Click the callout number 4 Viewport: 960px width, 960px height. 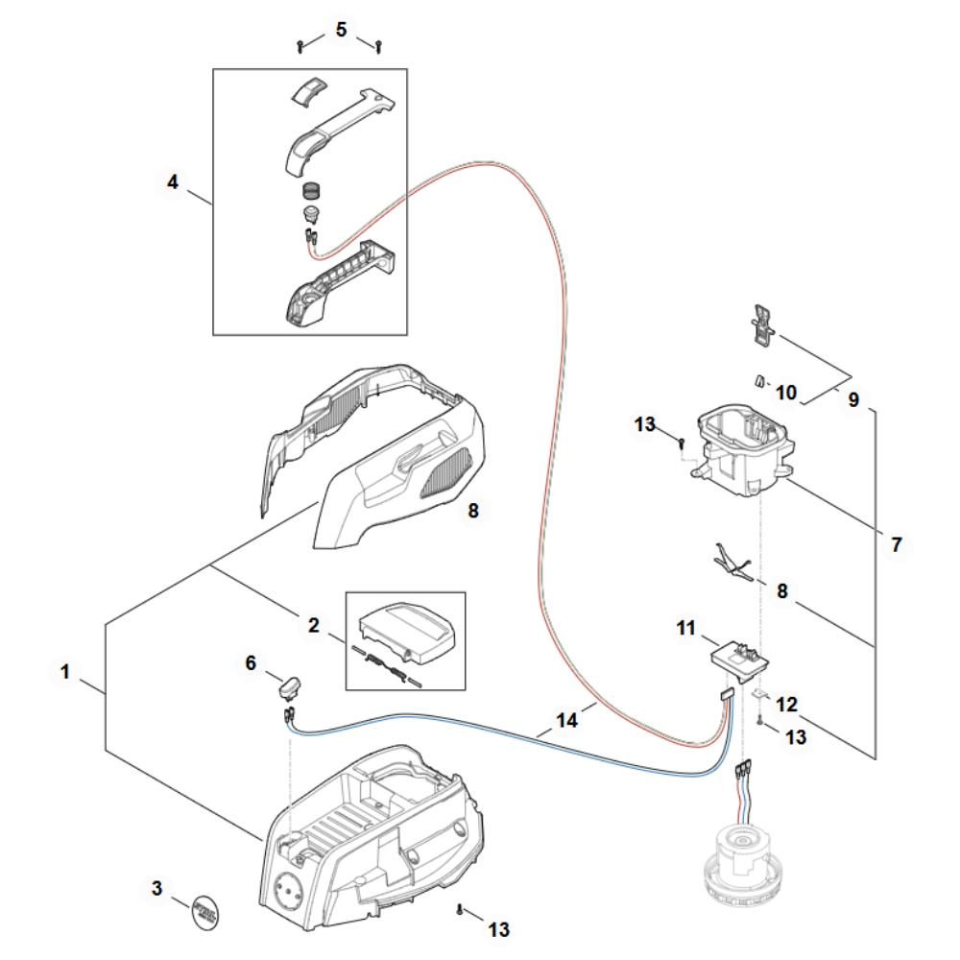pyautogui.click(x=173, y=181)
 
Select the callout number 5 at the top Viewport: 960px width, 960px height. pyautogui.click(x=341, y=30)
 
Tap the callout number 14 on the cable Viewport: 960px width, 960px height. pyautogui.click(x=567, y=720)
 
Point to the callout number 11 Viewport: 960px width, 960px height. pyautogui.click(x=685, y=628)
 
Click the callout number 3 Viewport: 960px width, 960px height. pyautogui.click(x=156, y=888)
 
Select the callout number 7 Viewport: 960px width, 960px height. pyautogui.click(x=897, y=544)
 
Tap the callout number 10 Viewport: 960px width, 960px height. pyautogui.click(x=786, y=393)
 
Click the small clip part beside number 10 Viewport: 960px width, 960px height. pyautogui.click(x=759, y=381)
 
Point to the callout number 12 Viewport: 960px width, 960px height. pyautogui.click(x=787, y=704)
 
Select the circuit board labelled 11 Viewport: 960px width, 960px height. pyautogui.click(x=739, y=661)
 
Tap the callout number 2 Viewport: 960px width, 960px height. pyautogui.click(x=314, y=625)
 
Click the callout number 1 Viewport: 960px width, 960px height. pyautogui.click(x=65, y=672)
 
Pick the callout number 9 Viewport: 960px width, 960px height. pyautogui.click(x=853, y=399)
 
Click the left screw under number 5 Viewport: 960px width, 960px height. pyautogui.click(x=300, y=46)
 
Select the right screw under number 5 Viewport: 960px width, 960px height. pyautogui.click(x=378, y=46)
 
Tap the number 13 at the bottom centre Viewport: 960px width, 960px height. pyautogui.click(x=498, y=929)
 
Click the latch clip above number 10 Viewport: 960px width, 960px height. pyautogui.click(x=762, y=325)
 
